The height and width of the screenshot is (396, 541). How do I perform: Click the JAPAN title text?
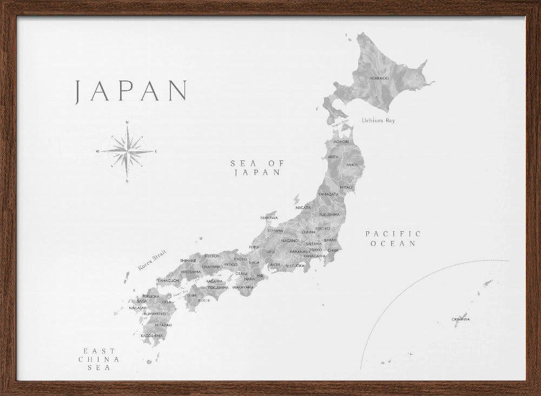(x=131, y=91)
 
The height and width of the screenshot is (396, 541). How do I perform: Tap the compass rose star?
(x=127, y=151)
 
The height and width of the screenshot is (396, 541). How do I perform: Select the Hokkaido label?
(x=379, y=78)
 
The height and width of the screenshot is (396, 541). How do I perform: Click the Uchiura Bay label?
(x=379, y=120)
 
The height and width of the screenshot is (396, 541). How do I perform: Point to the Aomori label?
(x=341, y=142)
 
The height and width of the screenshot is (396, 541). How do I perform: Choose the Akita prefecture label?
(x=333, y=157)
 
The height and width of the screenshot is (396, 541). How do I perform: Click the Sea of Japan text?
(x=257, y=167)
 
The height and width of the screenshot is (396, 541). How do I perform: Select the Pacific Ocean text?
(x=393, y=238)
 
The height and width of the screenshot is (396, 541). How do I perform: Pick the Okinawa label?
(x=460, y=319)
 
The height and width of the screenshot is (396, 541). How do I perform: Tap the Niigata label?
(x=303, y=207)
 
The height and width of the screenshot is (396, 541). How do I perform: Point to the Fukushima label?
(x=329, y=214)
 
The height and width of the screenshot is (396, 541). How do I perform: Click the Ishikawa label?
(x=269, y=218)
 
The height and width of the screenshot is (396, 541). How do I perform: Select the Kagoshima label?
(x=152, y=335)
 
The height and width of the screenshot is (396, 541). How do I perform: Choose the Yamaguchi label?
(x=168, y=280)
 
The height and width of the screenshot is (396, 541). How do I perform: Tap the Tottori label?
(x=212, y=256)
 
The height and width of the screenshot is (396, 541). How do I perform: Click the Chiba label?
(x=333, y=250)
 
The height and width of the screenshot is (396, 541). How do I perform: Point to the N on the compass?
(x=127, y=122)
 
